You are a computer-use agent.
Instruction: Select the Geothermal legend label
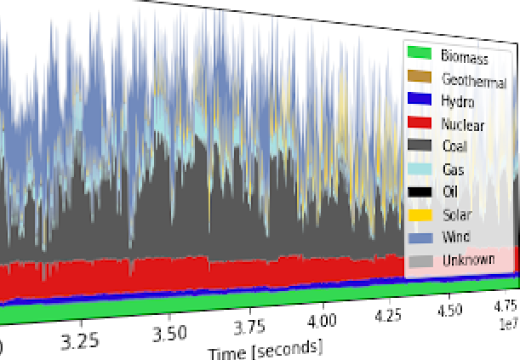point(474,79)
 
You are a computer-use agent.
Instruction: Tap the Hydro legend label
point(458,101)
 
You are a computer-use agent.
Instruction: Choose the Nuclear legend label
point(464,124)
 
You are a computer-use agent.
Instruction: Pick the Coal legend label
point(454,146)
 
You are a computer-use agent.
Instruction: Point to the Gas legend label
point(452,169)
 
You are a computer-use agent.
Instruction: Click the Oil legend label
point(449,191)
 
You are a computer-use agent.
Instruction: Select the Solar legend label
point(456,214)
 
